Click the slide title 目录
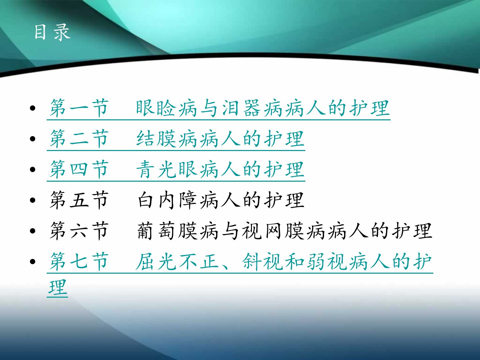(52, 32)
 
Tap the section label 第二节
(79, 138)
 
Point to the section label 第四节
(79, 169)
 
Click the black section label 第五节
(79, 200)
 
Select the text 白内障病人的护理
(221, 200)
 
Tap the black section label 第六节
(79, 231)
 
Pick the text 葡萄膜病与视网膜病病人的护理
(285, 231)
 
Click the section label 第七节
(79, 261)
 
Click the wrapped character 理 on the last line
(58, 287)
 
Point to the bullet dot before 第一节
(33, 108)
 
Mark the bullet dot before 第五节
(33, 200)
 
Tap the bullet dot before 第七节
(33, 261)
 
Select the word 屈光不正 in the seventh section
(177, 261)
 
